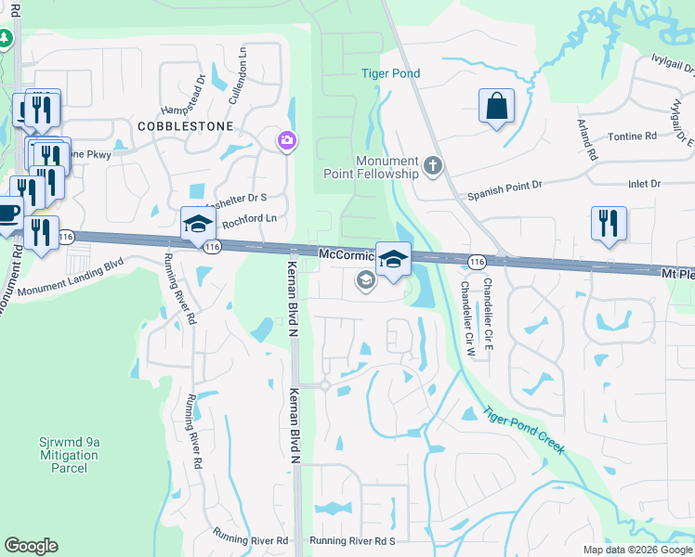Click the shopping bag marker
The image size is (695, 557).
(497, 106)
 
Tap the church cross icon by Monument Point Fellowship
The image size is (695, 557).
(432, 167)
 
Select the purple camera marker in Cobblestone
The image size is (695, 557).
(286, 140)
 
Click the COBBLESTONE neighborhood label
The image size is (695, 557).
(184, 124)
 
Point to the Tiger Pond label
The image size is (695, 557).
(390, 73)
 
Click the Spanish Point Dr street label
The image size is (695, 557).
(503, 191)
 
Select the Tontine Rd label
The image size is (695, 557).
(632, 136)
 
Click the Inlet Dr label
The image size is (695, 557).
(644, 184)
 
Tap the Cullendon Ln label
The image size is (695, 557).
(243, 67)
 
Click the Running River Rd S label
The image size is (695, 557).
(353, 540)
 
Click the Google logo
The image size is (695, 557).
(32, 545)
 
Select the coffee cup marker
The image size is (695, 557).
(8, 213)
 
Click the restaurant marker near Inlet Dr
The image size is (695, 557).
(609, 223)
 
